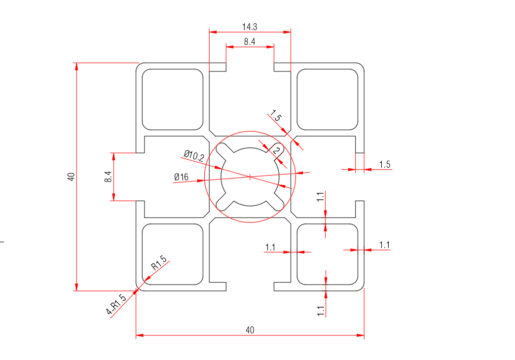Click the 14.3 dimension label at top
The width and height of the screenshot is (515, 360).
pos(250,27)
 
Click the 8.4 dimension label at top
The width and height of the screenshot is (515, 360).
pos(250,42)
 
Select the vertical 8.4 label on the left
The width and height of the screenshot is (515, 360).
pos(108,177)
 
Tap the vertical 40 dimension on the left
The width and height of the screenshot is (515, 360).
pos(71,177)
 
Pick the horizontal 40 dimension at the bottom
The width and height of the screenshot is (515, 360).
pos(250,330)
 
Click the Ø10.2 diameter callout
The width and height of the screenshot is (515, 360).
pos(194,156)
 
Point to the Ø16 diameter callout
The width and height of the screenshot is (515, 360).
pos(182,177)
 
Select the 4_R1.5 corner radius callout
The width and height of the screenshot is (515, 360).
pos(116,304)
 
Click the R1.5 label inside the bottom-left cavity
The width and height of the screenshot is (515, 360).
pos(158,263)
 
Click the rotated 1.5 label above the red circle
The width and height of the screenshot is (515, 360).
pos(276,117)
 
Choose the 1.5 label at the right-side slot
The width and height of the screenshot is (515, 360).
pos(385,164)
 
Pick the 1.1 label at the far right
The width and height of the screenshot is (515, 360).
pos(385,245)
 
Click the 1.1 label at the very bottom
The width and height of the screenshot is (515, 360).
pos(321,311)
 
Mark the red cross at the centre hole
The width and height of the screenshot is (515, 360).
pos(250,176)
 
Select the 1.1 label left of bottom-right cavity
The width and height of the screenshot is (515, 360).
pos(270,247)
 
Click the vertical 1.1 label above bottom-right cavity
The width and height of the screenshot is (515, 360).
pos(321,197)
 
